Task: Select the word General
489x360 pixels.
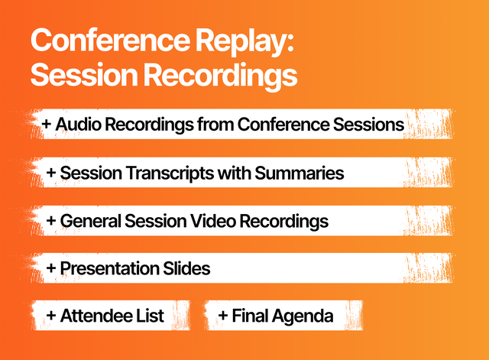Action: pos(89,221)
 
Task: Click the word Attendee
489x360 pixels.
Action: pos(94,316)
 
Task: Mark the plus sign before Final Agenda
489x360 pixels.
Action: pos(222,316)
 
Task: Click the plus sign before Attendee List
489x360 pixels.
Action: pos(51,316)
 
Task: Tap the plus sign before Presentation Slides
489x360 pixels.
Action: pos(51,268)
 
